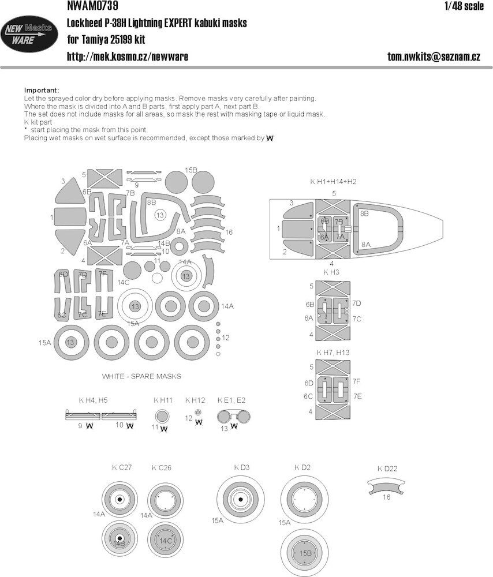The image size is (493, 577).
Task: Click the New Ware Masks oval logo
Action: (29, 34)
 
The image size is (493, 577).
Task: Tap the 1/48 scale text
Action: (464, 6)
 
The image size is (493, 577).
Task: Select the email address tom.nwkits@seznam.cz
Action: (434, 57)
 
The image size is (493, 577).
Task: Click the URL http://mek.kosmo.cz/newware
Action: (128, 57)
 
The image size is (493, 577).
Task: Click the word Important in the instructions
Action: (41, 90)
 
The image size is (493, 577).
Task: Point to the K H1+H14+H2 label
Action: (333, 182)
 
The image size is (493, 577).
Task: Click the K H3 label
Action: (331, 272)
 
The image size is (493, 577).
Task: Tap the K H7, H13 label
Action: (333, 353)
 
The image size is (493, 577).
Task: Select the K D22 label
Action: (387, 469)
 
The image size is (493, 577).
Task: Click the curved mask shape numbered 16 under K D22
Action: (387, 486)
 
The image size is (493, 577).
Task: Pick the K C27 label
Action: (121, 467)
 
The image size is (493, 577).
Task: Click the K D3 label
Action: (241, 467)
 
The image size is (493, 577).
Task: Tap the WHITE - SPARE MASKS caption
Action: (141, 376)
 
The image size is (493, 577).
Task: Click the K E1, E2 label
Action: (231, 400)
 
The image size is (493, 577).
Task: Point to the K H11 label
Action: (163, 400)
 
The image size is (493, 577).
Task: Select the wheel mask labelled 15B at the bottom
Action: (304, 553)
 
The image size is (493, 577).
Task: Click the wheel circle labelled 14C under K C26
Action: (165, 540)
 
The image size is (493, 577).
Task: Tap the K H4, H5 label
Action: (93, 400)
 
